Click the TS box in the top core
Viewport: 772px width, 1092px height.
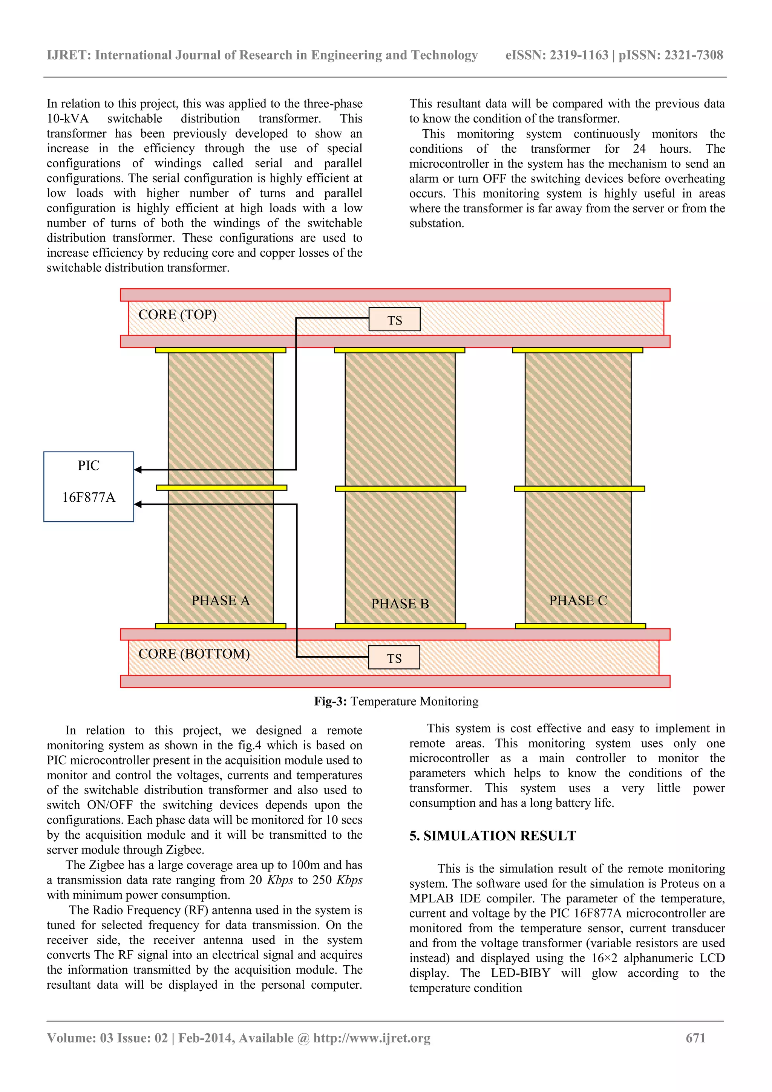(394, 320)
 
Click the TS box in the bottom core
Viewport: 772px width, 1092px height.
(394, 657)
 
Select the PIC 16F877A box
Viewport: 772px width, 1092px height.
(89, 486)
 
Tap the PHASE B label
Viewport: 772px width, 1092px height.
(400, 603)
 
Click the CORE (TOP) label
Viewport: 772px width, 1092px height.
(178, 314)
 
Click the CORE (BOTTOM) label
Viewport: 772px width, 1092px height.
(194, 654)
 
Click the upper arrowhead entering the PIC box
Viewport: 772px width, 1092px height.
(138, 469)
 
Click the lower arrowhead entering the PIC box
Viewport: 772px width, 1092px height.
(138, 504)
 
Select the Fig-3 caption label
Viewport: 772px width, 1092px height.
(331, 701)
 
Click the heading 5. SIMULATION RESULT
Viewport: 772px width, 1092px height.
(492, 836)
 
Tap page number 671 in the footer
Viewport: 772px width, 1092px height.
(695, 1038)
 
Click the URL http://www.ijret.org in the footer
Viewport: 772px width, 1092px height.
(372, 1038)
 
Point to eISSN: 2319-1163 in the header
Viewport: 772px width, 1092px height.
(556, 55)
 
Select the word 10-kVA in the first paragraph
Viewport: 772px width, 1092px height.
(67, 118)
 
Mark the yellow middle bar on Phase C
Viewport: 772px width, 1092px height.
(579, 489)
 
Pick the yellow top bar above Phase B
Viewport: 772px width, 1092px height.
(399, 350)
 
